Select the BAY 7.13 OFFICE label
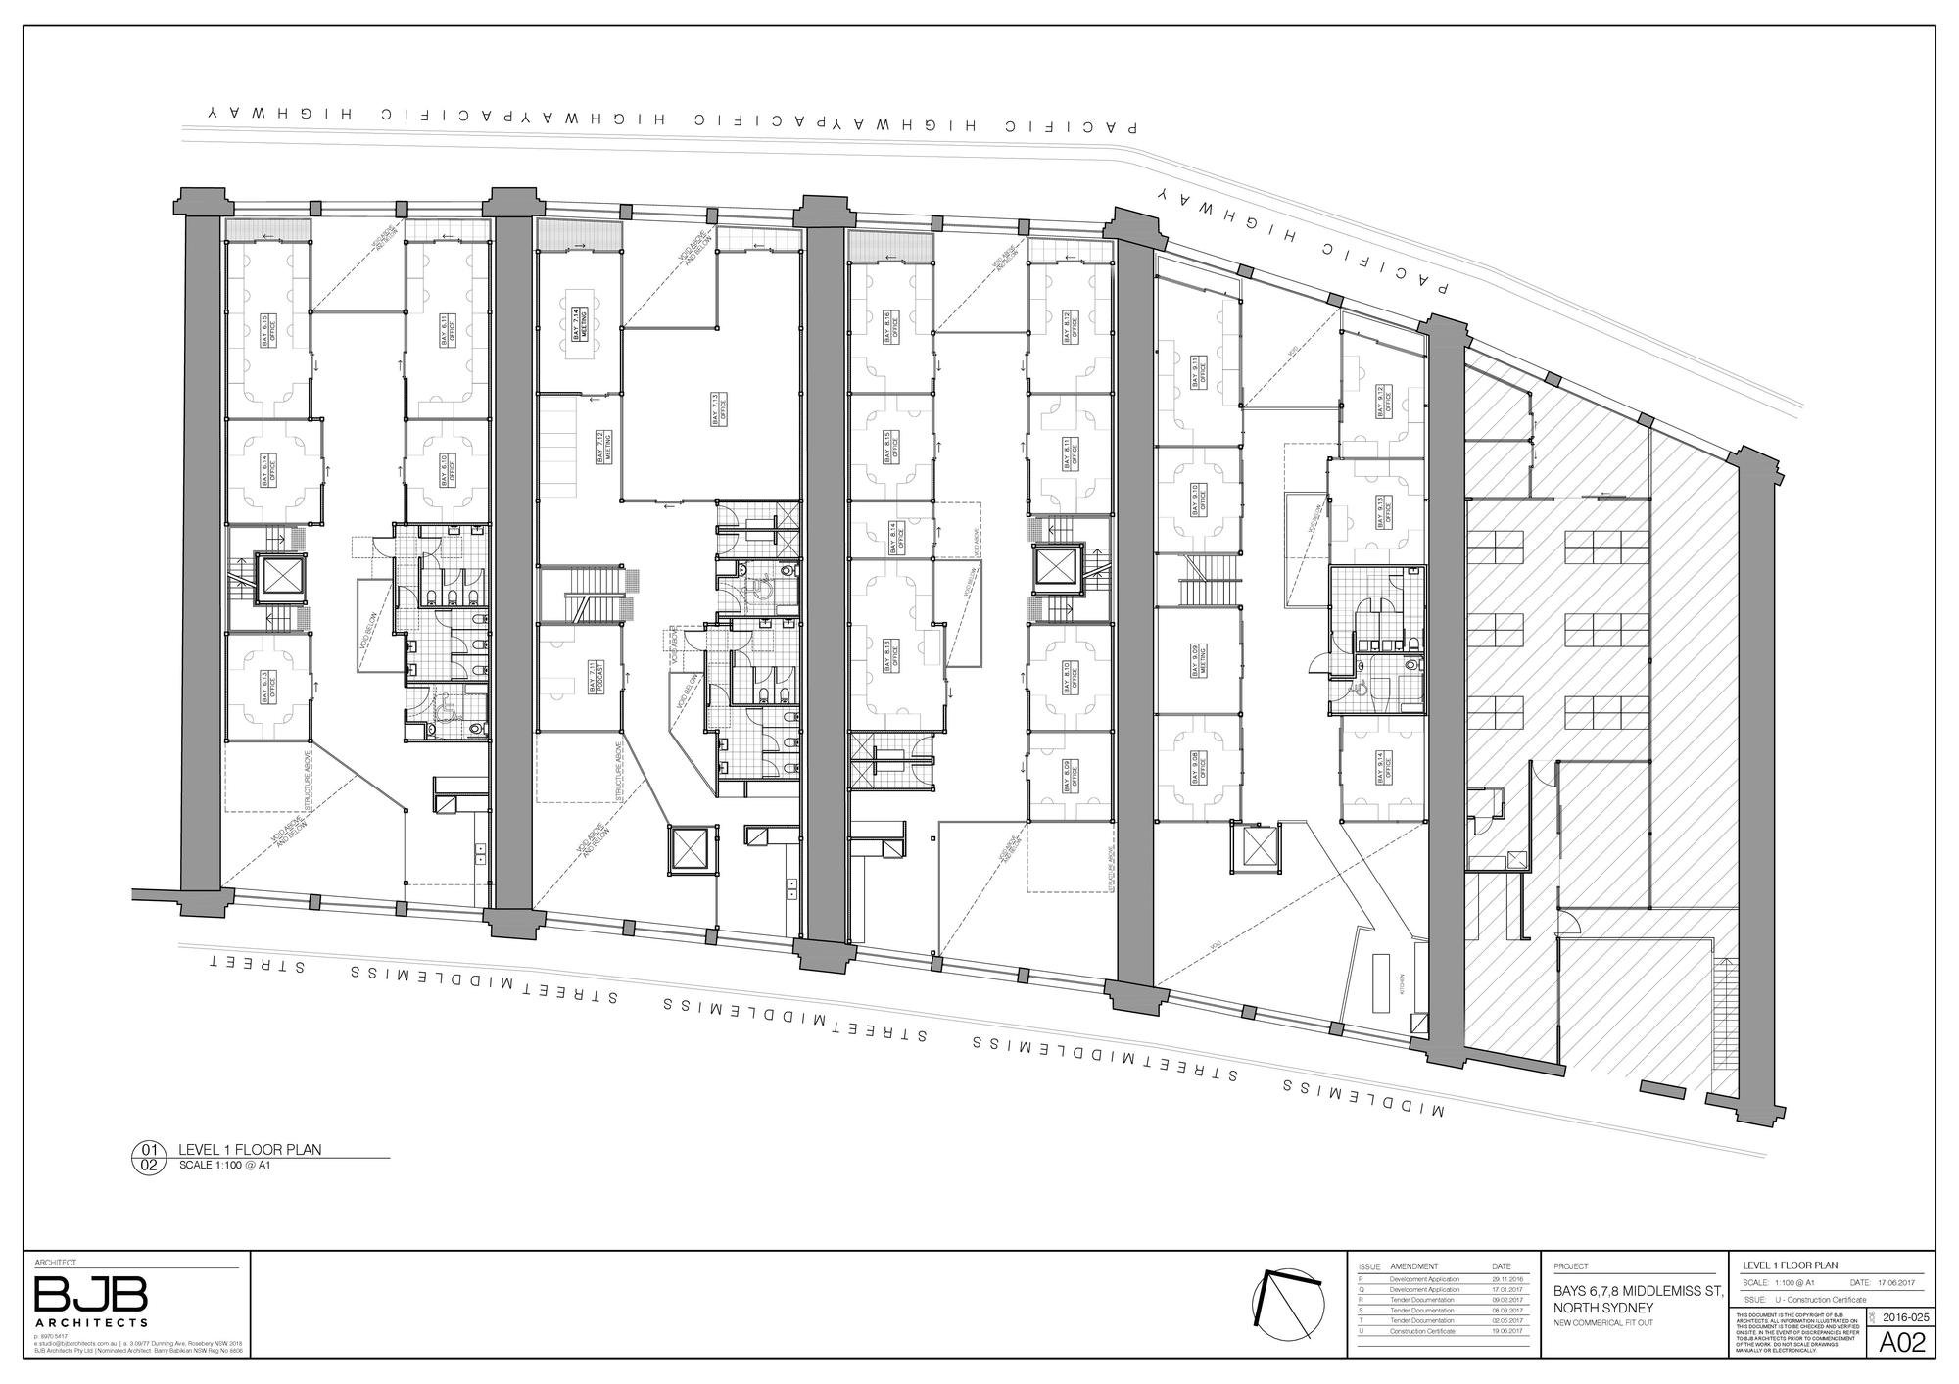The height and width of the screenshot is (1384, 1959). [x=716, y=409]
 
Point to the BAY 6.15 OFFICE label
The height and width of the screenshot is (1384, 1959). [x=267, y=330]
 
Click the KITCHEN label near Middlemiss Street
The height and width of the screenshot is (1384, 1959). [x=1403, y=982]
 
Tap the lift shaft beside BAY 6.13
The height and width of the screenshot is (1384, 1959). [x=281, y=577]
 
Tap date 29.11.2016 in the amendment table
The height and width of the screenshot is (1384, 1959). [x=1505, y=1279]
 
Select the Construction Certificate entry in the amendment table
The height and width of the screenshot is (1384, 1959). [x=1422, y=1331]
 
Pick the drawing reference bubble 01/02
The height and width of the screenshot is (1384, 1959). [x=150, y=1158]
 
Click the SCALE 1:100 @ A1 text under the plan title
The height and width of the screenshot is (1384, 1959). [x=223, y=1166]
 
